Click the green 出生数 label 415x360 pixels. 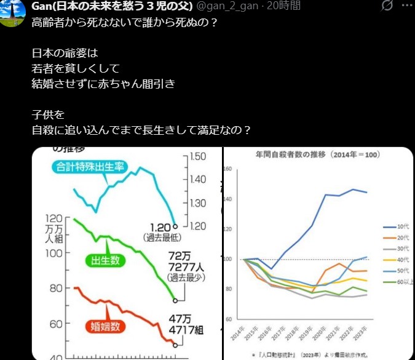[x=106, y=261]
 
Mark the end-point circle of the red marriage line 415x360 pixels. [x=175, y=345]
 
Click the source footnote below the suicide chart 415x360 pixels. [x=314, y=354]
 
